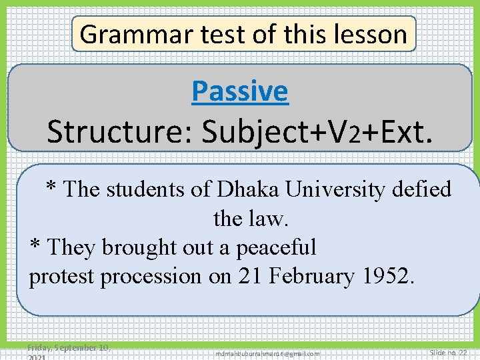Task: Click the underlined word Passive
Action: [239, 91]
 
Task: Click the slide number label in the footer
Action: [448, 352]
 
